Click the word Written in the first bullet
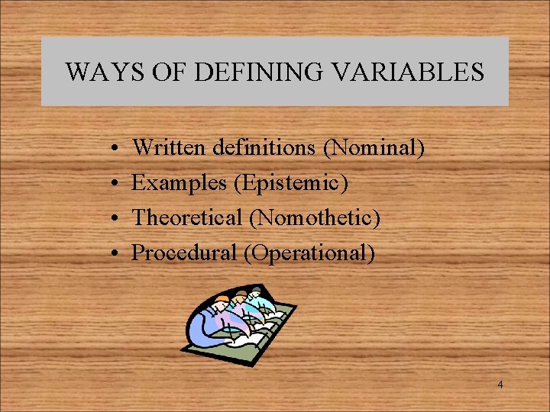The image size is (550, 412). [167, 147]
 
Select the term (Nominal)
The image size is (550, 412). [374, 147]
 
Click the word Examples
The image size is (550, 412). [180, 182]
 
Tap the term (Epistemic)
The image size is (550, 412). [291, 183]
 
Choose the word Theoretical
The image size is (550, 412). [187, 217]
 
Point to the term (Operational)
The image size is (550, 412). [309, 253]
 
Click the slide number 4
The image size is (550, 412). [500, 385]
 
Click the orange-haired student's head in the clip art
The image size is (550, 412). [222, 299]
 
